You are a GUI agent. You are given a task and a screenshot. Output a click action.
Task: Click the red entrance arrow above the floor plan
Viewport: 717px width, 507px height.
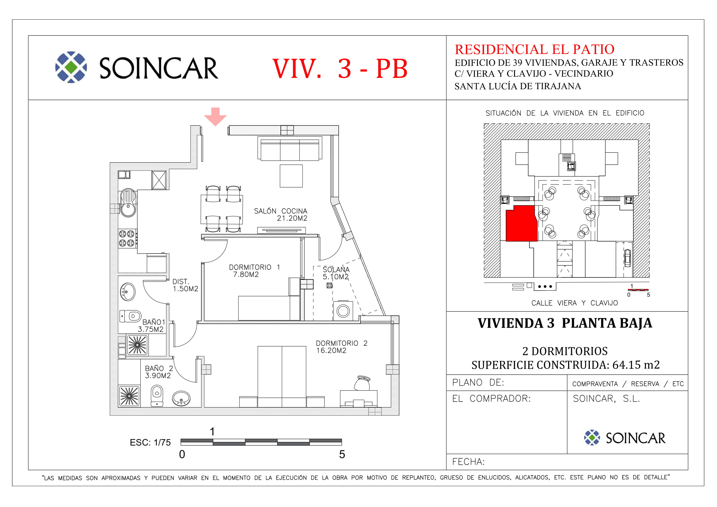[215, 116]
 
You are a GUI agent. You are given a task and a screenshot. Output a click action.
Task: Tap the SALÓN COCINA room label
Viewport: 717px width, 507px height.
[280, 215]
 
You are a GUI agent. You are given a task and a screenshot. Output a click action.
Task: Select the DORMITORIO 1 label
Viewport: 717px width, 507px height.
[254, 271]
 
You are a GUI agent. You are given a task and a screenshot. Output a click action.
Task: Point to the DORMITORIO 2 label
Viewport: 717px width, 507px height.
[341, 347]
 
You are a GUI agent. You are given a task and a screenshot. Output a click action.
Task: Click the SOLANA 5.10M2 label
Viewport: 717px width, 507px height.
[336, 273]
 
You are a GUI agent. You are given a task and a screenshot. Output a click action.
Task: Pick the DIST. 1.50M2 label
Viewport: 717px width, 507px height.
[185, 285]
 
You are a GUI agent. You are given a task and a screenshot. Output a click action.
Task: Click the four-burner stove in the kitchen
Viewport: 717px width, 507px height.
[127, 238]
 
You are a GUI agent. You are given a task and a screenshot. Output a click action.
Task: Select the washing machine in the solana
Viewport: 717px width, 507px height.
[343, 311]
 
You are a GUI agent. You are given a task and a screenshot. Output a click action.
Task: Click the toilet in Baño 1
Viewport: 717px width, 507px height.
[131, 316]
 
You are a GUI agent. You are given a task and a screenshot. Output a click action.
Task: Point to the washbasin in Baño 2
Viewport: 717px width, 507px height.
[181, 399]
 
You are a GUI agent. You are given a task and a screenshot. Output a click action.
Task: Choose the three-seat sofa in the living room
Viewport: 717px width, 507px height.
[290, 149]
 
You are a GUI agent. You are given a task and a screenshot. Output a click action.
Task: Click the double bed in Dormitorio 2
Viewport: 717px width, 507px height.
[282, 376]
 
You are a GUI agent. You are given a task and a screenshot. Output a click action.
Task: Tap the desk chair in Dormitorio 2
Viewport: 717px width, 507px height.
[362, 383]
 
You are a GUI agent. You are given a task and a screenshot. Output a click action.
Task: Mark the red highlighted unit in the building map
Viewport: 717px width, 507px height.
[521, 223]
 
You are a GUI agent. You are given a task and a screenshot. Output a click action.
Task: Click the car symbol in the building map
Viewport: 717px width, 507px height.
[627, 258]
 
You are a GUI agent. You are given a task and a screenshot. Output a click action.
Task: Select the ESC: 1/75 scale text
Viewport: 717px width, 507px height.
[150, 442]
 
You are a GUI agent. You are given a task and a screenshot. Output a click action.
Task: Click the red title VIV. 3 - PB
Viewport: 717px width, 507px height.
[340, 68]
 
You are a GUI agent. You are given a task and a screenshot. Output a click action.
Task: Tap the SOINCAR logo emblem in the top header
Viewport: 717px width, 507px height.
[71, 67]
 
